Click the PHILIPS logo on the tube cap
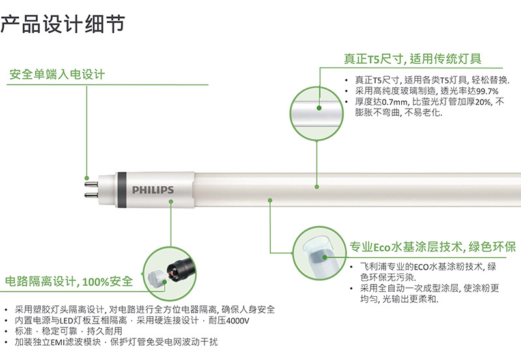pyautogui.click(x=153, y=189)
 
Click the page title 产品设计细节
pyautogui.click(x=63, y=24)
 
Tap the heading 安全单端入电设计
pyautogui.click(x=57, y=74)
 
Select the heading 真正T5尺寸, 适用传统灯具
pyautogui.click(x=412, y=59)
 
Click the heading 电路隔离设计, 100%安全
pyautogui.click(x=69, y=281)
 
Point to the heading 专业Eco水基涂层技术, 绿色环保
pyautogui.click(x=432, y=247)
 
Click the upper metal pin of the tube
pyautogui.click(x=91, y=184)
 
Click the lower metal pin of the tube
pyautogui.click(x=91, y=195)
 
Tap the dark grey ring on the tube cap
pyautogui.click(x=121, y=189)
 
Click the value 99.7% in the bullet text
pyautogui.click(x=487, y=91)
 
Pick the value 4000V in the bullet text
pyautogui.click(x=238, y=321)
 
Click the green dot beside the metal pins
pyautogui.click(x=87, y=178)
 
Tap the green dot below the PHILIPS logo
pyautogui.click(x=171, y=202)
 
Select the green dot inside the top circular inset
pyautogui.click(x=319, y=108)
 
